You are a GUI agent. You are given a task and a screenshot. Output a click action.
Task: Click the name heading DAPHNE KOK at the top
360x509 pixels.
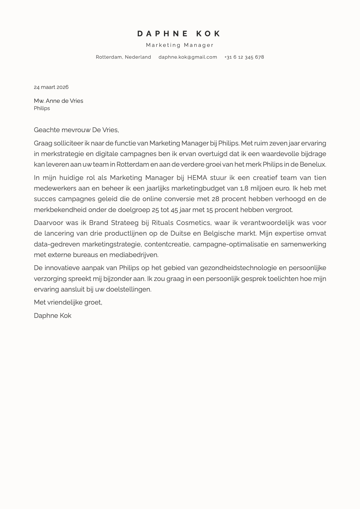coord(179,34)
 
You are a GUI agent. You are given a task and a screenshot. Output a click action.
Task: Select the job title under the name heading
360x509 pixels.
coord(180,45)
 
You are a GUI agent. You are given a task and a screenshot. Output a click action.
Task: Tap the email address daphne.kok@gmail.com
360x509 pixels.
coord(188,57)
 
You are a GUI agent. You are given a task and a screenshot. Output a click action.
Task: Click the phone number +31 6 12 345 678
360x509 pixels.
coord(244,57)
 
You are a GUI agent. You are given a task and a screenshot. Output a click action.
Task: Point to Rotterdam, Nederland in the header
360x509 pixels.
coord(123,57)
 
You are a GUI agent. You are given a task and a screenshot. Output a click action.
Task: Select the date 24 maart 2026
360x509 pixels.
coord(51,87)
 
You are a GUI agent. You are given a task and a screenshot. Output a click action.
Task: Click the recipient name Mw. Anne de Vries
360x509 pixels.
coord(58,101)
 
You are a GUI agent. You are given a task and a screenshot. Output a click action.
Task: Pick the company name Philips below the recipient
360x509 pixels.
coord(42,108)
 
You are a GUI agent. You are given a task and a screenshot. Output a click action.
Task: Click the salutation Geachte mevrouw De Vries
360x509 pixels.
coord(76,130)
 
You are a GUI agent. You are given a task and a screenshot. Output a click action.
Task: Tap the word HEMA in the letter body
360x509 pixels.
coord(197,178)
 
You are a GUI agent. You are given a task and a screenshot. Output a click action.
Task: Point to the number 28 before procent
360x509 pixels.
coord(215,199)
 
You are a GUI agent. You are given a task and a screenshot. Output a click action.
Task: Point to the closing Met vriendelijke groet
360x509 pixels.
coord(68,302)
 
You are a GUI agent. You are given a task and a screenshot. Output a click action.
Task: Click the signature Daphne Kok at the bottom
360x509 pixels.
coord(53,316)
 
